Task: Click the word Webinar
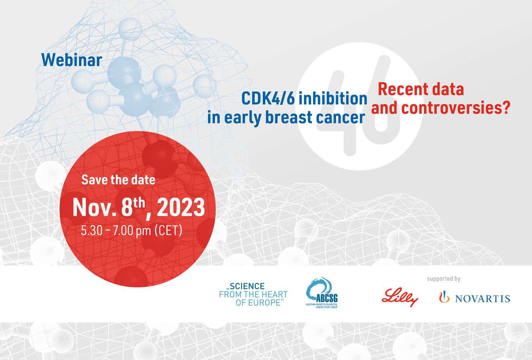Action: [x=71, y=60]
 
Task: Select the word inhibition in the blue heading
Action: [x=332, y=98]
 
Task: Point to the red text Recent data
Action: [x=421, y=89]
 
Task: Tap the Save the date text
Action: [x=118, y=179]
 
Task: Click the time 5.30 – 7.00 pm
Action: [x=116, y=230]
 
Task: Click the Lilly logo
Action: [x=400, y=297]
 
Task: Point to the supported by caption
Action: [x=443, y=279]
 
